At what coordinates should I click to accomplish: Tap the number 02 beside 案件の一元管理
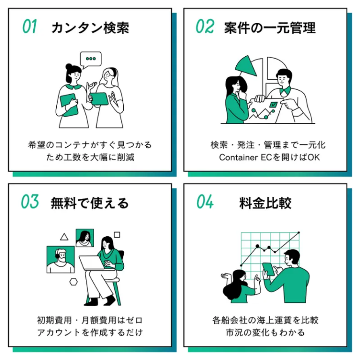pos(204,27)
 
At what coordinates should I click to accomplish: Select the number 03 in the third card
pos(30,202)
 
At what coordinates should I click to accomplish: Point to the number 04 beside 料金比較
pos(205,202)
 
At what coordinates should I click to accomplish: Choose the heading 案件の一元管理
pos(270,28)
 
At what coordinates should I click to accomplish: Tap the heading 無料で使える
pos(90,203)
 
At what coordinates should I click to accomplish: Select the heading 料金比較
pos(265,203)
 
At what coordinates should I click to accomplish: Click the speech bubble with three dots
pos(90,60)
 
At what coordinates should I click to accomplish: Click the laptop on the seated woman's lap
pos(92,262)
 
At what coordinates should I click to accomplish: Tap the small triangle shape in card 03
pos(64,237)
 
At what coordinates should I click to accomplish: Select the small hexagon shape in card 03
pos(73,282)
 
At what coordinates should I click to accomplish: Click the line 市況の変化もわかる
pos(265,332)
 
